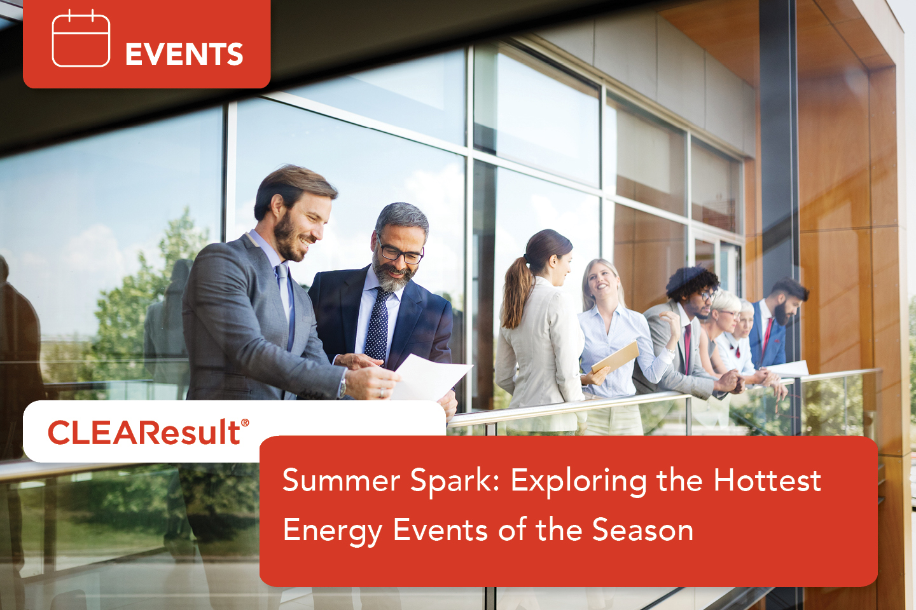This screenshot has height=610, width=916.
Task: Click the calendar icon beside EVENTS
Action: click(81, 39)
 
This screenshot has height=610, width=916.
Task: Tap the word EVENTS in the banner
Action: click(184, 55)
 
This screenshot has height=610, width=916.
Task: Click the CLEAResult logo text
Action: click(144, 433)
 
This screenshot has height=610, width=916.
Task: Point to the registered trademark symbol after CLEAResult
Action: click(245, 423)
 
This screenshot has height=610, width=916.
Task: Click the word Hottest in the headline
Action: click(767, 480)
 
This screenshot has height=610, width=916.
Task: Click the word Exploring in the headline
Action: click(578, 481)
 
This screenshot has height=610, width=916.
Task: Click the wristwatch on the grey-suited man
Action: click(343, 386)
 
